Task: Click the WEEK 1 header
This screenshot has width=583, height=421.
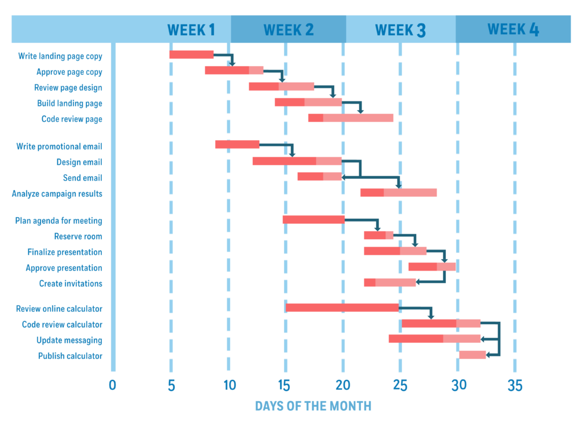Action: click(x=191, y=30)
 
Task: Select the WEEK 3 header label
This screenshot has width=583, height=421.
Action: click(x=400, y=30)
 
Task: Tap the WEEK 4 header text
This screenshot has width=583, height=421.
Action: click(x=514, y=29)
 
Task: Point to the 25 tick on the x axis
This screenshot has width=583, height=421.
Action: click(x=400, y=386)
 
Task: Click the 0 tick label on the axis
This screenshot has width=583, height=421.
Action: click(x=112, y=386)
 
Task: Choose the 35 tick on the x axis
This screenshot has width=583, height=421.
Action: click(x=515, y=386)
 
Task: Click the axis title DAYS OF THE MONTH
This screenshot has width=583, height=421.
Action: click(x=313, y=406)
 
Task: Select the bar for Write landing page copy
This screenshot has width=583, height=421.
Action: click(x=191, y=55)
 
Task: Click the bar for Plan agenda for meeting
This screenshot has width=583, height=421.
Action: click(x=314, y=219)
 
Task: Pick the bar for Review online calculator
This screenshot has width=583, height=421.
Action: click(x=342, y=308)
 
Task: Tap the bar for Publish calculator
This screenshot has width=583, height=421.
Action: click(x=472, y=355)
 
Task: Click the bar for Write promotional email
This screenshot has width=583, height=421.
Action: click(x=237, y=145)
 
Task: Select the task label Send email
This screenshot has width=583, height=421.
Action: click(x=83, y=178)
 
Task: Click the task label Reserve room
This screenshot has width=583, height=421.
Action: click(x=78, y=236)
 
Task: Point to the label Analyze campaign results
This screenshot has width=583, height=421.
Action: click(x=57, y=194)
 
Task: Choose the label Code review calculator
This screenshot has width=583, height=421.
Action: click(x=62, y=325)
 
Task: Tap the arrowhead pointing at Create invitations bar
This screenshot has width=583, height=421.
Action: click(x=418, y=281)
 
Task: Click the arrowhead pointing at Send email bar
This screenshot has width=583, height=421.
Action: click(x=344, y=177)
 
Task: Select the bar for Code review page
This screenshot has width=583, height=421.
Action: click(x=351, y=118)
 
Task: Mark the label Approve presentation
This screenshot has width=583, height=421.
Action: click(x=64, y=268)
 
